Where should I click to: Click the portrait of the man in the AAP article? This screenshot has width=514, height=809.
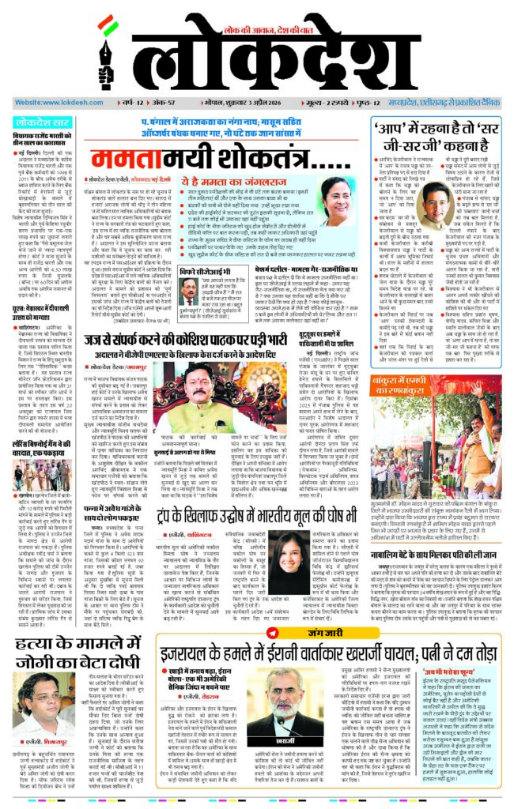[437, 205]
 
